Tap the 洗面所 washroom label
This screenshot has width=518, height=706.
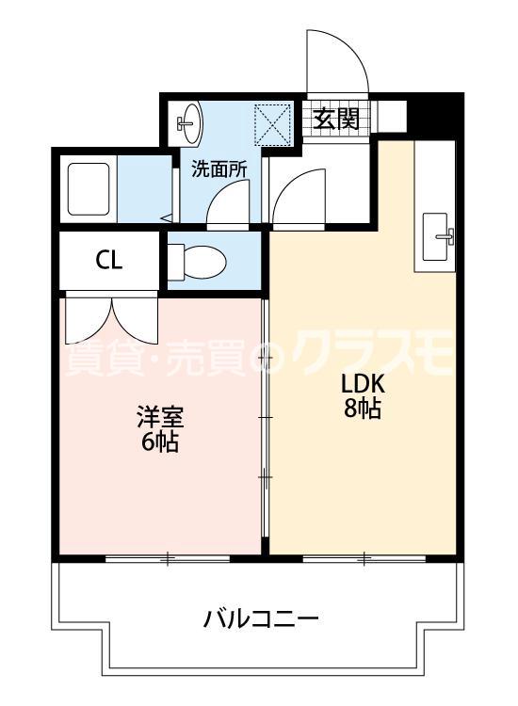[219, 169]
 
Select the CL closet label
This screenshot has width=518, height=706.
[108, 261]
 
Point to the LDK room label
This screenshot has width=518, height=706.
[362, 387]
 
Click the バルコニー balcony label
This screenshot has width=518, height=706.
[261, 619]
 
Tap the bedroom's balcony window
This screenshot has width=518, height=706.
[167, 559]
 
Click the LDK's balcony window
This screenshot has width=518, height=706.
[364, 558]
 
